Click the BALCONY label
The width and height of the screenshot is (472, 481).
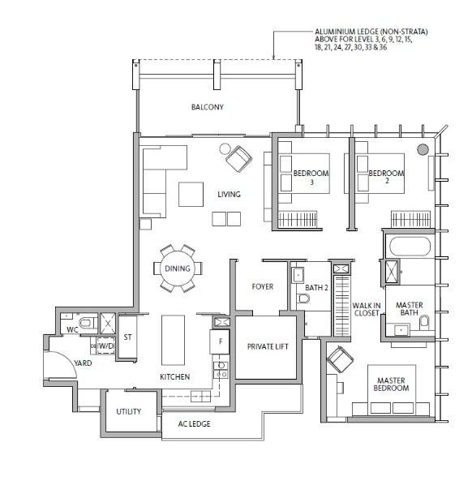[208, 107]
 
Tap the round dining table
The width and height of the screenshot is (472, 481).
[178, 268]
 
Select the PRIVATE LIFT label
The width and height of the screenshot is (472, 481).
[268, 346]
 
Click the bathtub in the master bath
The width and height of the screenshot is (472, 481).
[410, 246]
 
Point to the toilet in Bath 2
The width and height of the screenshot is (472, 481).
[303, 298]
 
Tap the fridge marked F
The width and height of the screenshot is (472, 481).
[220, 341]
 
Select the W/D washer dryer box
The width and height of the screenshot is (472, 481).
[106, 346]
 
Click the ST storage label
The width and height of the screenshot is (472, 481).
[127, 337]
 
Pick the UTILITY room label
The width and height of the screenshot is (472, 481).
[128, 411]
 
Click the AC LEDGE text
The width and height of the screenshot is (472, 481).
[194, 424]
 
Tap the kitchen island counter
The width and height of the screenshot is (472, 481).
[173, 340]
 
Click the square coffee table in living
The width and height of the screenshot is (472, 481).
[191, 194]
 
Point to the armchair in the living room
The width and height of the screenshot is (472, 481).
[239, 159]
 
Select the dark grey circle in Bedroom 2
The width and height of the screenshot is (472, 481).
[423, 149]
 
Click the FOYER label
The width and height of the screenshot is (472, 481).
[263, 286]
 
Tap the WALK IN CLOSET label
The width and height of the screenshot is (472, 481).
[367, 309]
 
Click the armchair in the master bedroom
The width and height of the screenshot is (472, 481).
[340, 359]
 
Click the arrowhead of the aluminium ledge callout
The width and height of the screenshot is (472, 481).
[273, 57]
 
